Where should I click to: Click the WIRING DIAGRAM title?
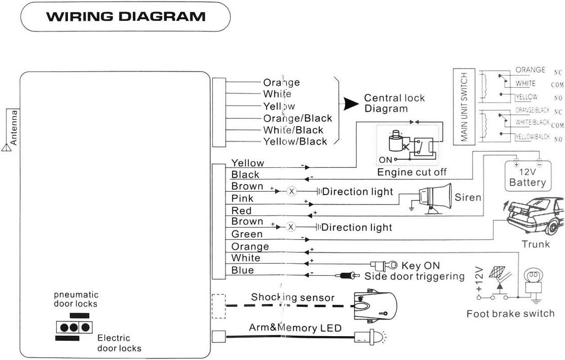126,17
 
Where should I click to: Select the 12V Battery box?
527,178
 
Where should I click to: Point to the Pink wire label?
242,198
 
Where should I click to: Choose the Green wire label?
247,234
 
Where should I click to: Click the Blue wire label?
242,270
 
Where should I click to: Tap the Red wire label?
241,211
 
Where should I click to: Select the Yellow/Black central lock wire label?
295,141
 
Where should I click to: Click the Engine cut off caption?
412,172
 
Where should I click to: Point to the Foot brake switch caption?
510,313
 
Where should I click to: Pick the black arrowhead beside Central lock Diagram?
350,103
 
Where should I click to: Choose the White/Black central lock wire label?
293,130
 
